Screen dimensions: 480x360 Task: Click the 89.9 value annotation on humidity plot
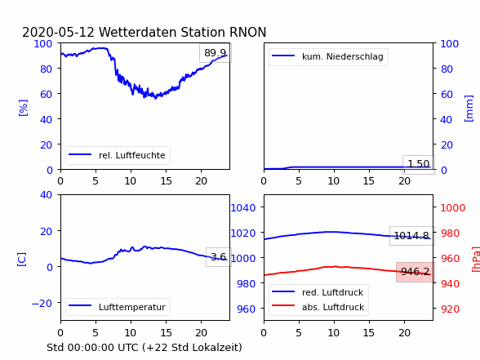pos(216,53)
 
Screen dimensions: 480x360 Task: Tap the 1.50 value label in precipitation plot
pos(419,164)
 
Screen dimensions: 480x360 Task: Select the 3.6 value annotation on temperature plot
pos(219,257)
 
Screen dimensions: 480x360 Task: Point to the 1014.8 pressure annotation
pos(411,236)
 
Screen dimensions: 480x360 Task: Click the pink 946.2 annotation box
pos(416,272)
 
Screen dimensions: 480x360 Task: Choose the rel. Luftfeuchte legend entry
pos(118,155)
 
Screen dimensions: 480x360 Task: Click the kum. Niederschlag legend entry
pos(328,56)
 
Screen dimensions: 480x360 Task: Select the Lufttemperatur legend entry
pos(118,307)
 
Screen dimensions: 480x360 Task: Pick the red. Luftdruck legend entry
pos(318,292)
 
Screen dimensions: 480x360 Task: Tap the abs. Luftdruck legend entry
pos(318,307)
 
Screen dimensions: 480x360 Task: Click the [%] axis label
pos(23,108)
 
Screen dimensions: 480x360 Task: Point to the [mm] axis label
pos(469,109)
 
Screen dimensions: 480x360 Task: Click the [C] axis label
pos(21,260)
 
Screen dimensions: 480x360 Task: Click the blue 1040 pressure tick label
pos(243,208)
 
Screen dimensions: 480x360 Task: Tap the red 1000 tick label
pos(453,208)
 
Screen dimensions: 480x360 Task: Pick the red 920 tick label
pos(450,309)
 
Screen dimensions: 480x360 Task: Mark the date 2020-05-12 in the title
pos(58,32)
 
